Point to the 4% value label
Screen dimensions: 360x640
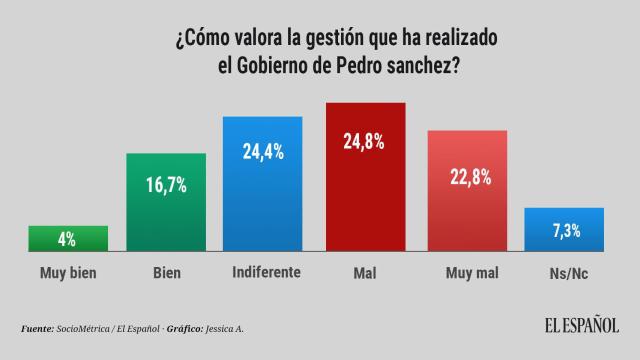coord(68,239)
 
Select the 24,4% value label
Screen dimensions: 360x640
coord(263,152)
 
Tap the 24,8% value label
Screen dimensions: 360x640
coord(365,138)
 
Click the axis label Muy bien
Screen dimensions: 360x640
coord(68,271)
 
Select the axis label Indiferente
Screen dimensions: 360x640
coord(263,271)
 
